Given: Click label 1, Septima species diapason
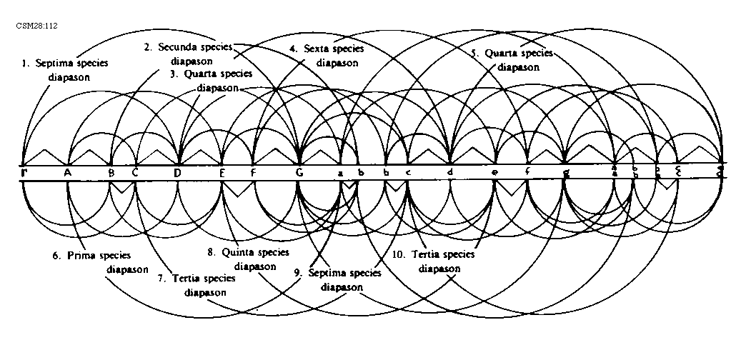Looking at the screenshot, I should tap(65, 70).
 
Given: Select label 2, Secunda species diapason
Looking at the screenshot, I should tap(188, 54).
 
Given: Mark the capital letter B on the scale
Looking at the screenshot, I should tap(111, 172).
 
